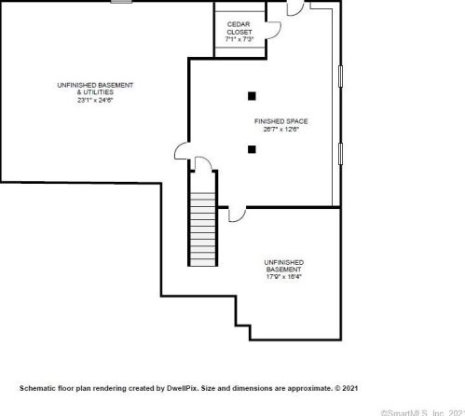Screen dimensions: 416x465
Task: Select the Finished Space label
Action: (x=280, y=121)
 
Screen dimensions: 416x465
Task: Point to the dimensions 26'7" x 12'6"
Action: (x=280, y=130)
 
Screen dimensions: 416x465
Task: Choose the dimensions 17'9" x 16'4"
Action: (x=283, y=277)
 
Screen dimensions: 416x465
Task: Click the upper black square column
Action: (x=252, y=94)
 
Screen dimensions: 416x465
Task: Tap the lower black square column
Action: (x=252, y=148)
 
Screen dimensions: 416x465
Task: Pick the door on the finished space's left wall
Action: (x=183, y=151)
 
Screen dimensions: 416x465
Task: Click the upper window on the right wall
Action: (x=340, y=85)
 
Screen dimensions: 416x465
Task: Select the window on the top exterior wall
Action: (x=120, y=2)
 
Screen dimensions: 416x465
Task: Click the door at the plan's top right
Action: (x=295, y=7)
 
